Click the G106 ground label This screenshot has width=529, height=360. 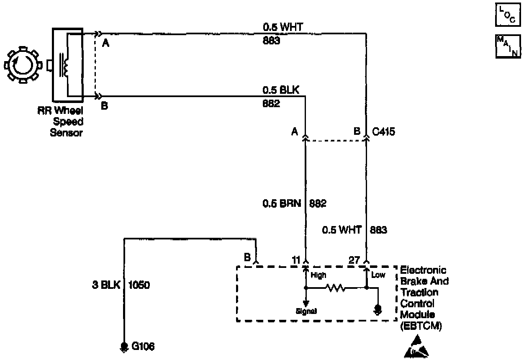tap(143, 347)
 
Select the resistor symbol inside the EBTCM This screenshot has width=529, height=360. tap(336, 288)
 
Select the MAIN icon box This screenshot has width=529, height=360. tap(508, 46)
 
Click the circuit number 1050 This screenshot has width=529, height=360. tap(139, 285)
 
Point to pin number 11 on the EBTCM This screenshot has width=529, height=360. tap(296, 260)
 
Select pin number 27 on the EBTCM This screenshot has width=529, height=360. tap(354, 260)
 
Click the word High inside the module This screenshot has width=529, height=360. tap(318, 275)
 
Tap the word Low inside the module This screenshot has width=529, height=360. tap(378, 275)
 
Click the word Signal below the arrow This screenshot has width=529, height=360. tap(306, 311)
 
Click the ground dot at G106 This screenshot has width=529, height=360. tap(124, 346)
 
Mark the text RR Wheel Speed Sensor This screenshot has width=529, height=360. tap(67, 122)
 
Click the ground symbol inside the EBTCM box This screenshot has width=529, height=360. tap(378, 309)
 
